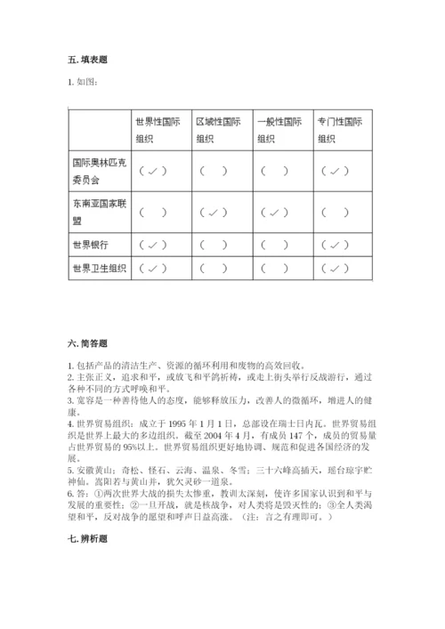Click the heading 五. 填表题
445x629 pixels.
(87, 60)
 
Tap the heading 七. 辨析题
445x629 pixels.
(87, 538)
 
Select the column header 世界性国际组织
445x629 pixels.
(156, 131)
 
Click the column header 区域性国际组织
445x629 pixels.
(217, 131)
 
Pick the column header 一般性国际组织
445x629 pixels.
(279, 131)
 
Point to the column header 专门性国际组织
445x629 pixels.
(339, 131)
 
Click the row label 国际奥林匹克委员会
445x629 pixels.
(95, 170)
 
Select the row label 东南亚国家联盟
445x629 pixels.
(95, 211)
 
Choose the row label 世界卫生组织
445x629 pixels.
(95, 267)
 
